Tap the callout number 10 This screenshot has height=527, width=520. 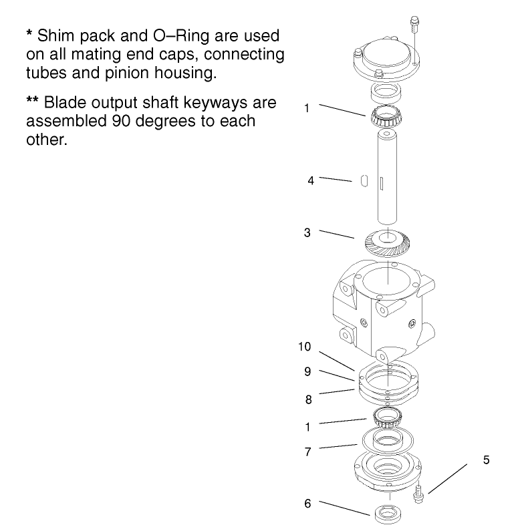click(x=305, y=347)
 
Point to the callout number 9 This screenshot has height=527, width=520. click(x=307, y=372)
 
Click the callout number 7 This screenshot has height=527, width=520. click(x=307, y=452)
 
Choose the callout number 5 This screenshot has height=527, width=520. click(x=487, y=460)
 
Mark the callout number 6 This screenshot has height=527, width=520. click(x=307, y=504)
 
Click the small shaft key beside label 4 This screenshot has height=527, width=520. click(x=364, y=180)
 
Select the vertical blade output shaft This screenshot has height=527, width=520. click(x=387, y=180)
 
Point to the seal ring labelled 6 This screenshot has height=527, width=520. click(x=387, y=514)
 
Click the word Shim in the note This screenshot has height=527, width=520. click(x=57, y=34)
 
